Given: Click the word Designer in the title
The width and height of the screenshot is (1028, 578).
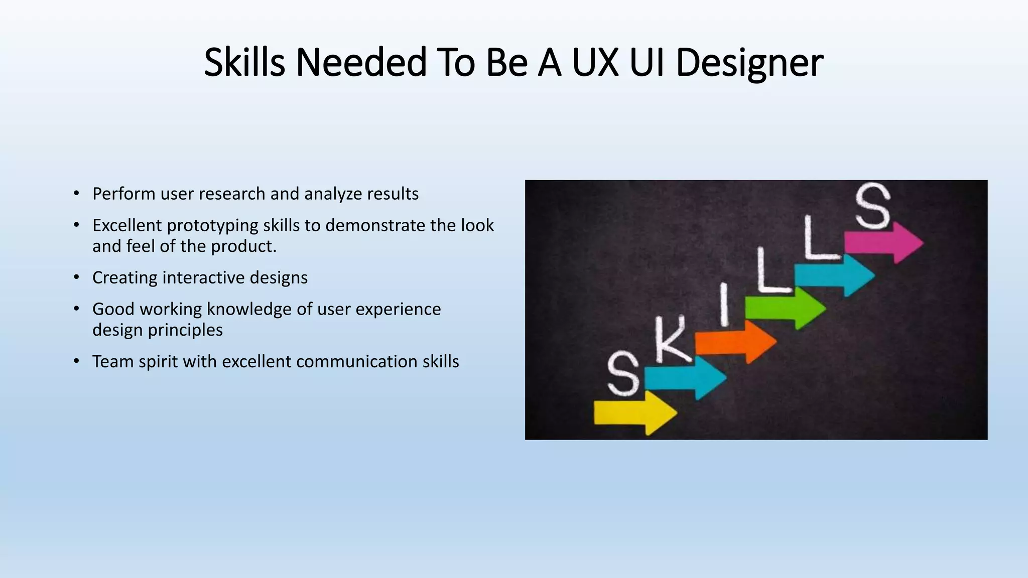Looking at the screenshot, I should coord(749,63).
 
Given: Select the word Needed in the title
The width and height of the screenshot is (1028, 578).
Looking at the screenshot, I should coord(361,63).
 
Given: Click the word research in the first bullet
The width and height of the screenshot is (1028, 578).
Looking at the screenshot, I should coord(232,194).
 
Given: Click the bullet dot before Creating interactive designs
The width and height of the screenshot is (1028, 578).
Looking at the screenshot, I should coord(76,277).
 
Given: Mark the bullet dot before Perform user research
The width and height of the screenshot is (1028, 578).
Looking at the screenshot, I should coord(76,194).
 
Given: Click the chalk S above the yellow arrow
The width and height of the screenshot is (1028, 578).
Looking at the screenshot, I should coord(623,373).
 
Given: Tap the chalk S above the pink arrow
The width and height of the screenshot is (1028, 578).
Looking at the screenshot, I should coord(873,206).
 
